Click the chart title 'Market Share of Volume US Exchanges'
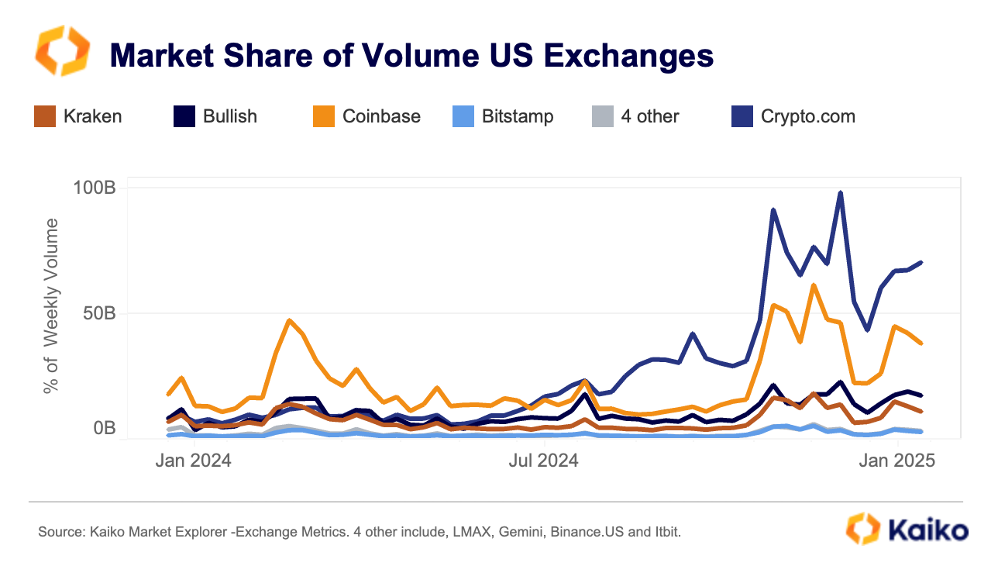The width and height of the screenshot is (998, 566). pos(411,56)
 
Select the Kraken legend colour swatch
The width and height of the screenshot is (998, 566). pos(45,117)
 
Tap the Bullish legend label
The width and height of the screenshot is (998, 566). pos(229,117)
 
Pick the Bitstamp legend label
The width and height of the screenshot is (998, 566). pos(517,117)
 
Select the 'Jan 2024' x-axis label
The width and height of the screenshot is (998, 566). pos(193,461)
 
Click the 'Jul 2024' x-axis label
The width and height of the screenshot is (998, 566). pos(543,461)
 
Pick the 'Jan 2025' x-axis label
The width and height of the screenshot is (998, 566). pos(897,461)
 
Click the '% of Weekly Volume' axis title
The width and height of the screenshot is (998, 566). pos(51,305)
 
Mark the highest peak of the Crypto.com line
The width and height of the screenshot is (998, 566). pos(840,193)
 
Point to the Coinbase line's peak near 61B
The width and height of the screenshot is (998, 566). pos(813,285)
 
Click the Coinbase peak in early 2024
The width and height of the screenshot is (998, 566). pos(289,320)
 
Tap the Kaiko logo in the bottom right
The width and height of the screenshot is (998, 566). pos(906,530)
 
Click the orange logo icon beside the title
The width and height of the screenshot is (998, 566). pos(63,51)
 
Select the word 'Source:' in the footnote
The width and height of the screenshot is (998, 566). pos(61,532)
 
